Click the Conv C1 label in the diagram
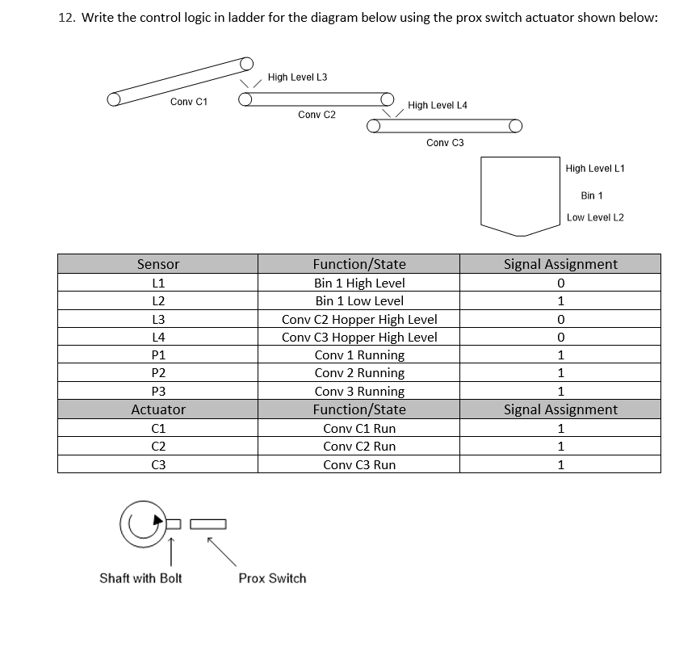coord(189,102)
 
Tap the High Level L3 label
coord(297,78)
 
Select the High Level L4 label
coord(438,106)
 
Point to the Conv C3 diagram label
coord(445,143)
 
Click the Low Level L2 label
coord(595,217)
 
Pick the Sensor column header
coord(158,264)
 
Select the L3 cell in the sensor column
coord(158,319)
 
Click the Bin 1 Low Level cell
coord(359,300)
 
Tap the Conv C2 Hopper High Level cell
coord(359,319)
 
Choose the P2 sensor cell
coord(158,373)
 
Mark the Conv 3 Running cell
coord(359,392)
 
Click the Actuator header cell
coord(158,409)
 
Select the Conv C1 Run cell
coord(359,429)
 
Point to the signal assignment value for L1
coord(560,283)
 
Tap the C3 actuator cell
coord(158,465)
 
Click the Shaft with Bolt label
coord(140,578)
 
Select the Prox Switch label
coord(272,578)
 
